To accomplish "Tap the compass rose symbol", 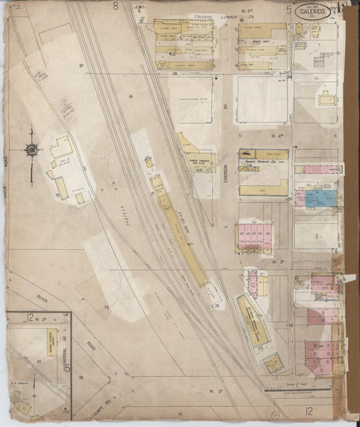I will (x=31, y=150).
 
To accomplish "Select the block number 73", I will (x=106, y=307).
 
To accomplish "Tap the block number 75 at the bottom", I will (x=180, y=413).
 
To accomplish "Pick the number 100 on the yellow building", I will (x=199, y=170).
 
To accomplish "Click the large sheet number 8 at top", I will (x=115, y=6).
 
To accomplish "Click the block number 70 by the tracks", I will (x=217, y=305).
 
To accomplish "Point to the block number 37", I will (x=80, y=65).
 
